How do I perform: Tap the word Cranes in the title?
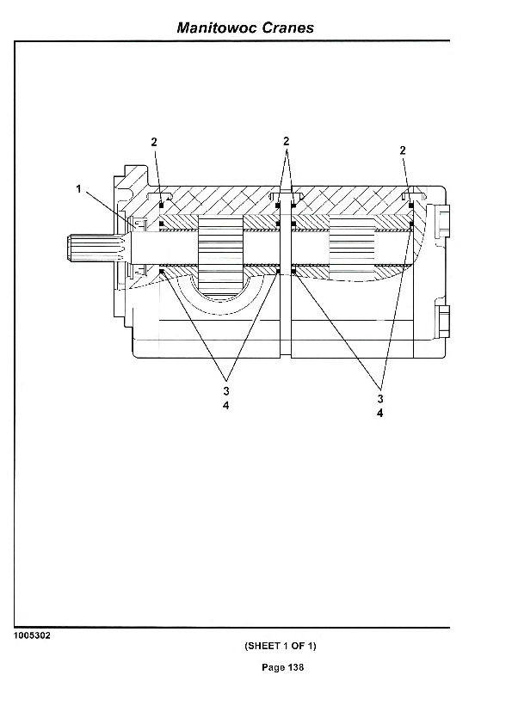point(288,28)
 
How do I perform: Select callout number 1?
point(79,189)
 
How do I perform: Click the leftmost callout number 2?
point(154,142)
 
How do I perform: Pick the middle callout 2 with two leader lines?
point(286,141)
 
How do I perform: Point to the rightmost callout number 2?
point(403,150)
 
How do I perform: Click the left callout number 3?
point(226,391)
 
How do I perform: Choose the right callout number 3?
point(379,398)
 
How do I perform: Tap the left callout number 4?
point(226,405)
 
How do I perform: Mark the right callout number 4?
point(379,414)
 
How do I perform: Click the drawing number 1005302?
point(33,635)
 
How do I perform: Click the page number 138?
point(296,667)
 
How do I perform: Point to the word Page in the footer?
point(274,667)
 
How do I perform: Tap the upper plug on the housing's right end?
point(441,222)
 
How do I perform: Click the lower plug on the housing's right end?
point(441,322)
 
